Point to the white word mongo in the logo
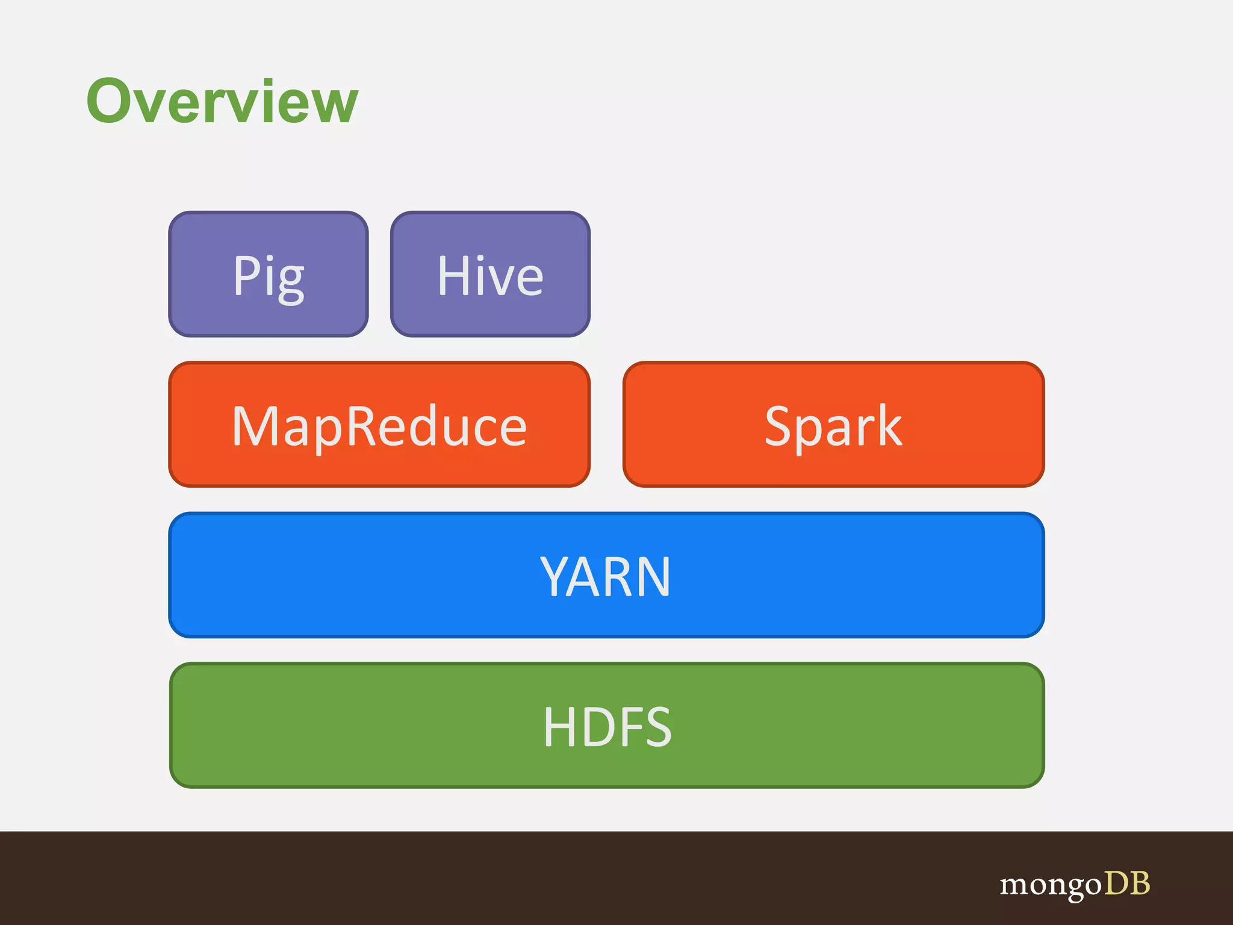[1050, 884]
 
